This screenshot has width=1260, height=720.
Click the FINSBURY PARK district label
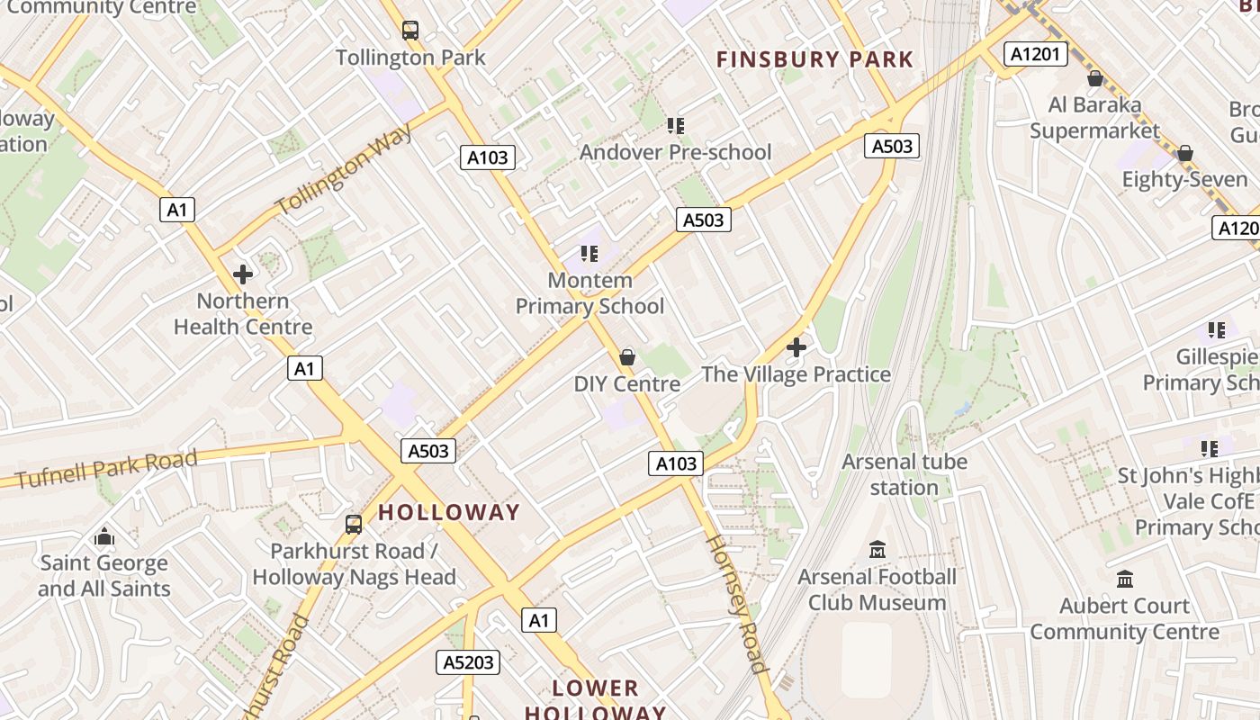click(814, 60)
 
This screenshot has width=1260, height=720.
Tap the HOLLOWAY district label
click(449, 512)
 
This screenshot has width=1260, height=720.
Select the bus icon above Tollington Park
click(410, 31)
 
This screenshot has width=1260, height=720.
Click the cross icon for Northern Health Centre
click(243, 274)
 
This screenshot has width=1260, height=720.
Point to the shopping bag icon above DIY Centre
click(627, 357)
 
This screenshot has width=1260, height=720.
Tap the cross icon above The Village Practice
click(796, 346)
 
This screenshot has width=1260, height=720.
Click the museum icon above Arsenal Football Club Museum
click(877, 549)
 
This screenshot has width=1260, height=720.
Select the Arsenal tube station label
click(904, 474)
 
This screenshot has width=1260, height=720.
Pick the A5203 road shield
click(468, 662)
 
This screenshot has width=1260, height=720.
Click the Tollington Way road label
click(345, 168)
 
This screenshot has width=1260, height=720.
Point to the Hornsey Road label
click(735, 603)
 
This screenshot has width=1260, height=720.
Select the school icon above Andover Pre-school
click(675, 126)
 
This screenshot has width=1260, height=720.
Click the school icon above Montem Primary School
click(589, 254)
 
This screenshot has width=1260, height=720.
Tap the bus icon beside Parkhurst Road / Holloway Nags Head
click(354, 524)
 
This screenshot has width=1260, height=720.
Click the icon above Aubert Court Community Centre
click(1124, 579)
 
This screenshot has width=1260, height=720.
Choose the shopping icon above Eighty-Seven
click(1184, 153)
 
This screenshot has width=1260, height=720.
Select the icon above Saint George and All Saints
click(104, 537)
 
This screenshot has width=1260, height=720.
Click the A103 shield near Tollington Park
click(488, 157)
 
